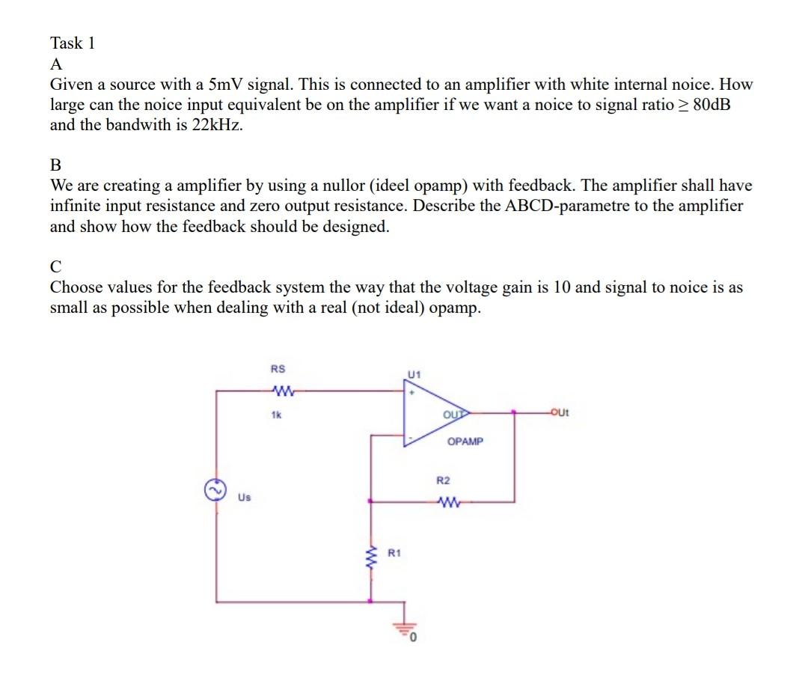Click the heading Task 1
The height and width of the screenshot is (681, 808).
73,43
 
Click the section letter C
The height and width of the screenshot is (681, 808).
56,266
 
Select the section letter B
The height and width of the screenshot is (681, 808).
56,165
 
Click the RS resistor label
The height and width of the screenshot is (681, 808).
278,369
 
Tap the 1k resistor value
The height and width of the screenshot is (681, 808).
276,412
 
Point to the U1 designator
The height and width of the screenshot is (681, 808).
414,373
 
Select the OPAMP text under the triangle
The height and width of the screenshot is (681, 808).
465,442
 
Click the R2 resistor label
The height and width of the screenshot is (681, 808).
444,479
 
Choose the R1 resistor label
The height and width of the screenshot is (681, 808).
394,553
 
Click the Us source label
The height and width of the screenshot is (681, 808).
244,496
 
